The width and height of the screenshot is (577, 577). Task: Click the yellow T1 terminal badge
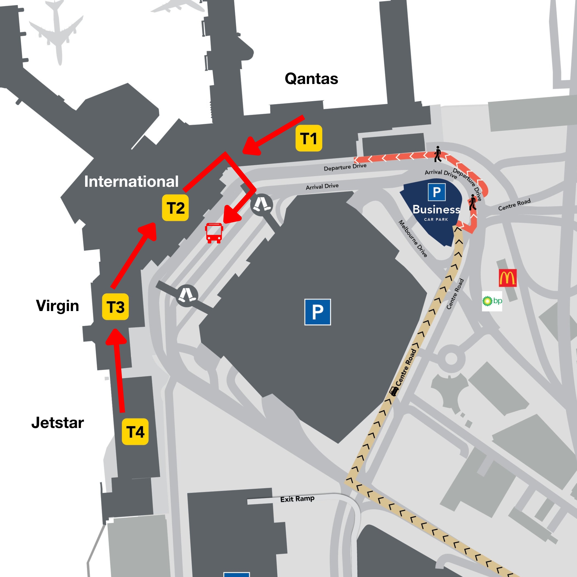click(309, 138)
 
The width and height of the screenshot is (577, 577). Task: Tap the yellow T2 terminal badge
click(175, 208)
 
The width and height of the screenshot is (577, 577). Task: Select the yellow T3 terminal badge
click(115, 307)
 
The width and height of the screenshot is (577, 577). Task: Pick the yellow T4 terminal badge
click(135, 432)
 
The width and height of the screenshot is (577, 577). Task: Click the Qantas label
click(311, 79)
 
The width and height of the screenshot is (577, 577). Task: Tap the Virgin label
click(57, 305)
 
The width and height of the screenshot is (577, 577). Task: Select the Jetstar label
click(58, 423)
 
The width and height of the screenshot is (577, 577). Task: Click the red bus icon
click(214, 233)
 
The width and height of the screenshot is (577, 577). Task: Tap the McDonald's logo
click(507, 278)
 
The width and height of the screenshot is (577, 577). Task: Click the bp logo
click(492, 301)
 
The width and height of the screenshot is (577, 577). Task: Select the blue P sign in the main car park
click(318, 312)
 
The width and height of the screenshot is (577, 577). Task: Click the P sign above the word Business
click(437, 192)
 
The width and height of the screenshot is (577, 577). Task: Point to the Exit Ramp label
click(297, 499)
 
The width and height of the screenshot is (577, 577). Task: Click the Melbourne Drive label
click(413, 239)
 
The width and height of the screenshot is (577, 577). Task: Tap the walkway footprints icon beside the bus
click(262, 205)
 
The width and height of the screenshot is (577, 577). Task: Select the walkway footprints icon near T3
click(187, 295)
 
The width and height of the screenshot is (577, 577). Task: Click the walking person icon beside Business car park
click(472, 203)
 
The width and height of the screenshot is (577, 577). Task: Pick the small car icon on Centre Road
click(394, 391)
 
